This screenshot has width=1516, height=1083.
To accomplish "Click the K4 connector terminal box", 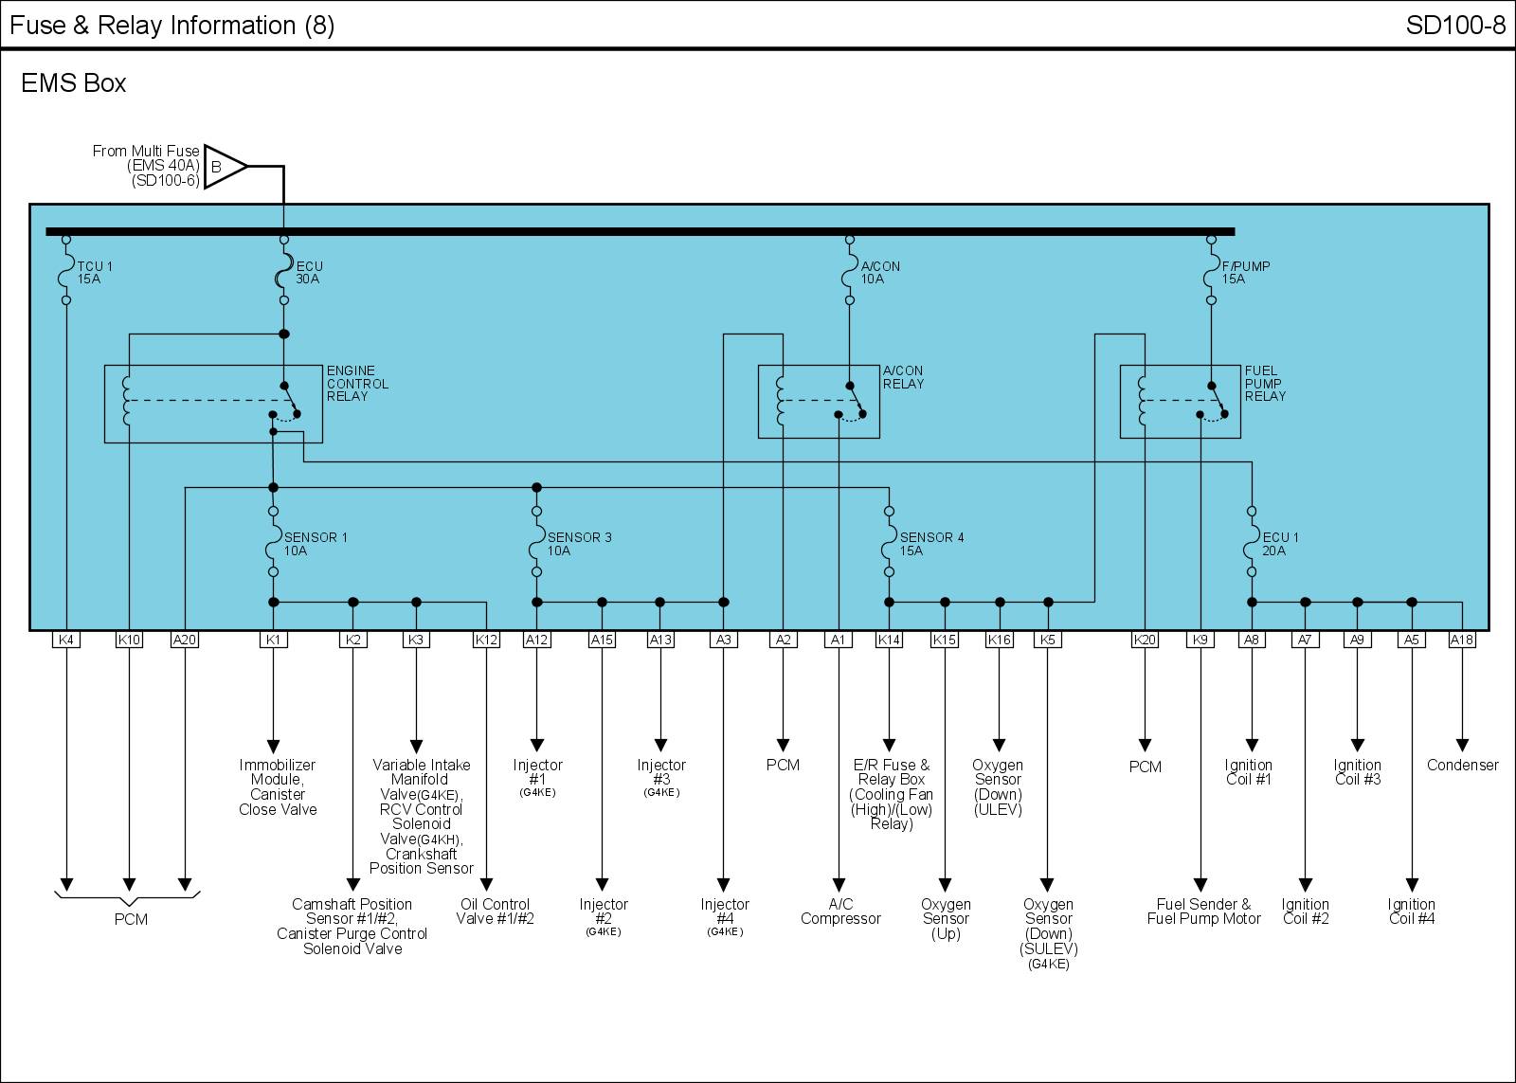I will coord(65,640).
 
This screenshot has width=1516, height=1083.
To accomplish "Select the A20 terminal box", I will coord(185,640).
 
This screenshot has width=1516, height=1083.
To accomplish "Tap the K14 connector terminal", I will coord(889,640).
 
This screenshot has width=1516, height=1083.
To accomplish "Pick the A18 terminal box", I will coord(1462,640).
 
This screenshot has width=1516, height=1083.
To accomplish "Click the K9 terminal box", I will coord(1200,640).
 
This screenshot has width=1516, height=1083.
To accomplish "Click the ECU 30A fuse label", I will coord(309,273).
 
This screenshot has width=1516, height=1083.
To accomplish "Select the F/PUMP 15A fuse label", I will coord(1245,273).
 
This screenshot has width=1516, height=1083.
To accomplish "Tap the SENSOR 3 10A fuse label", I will coord(579,544).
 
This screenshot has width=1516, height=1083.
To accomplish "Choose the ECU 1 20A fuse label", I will coord(1280,544).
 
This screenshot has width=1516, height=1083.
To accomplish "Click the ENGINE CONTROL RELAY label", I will coord(357,384).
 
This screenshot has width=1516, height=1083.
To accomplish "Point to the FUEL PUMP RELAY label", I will coord(1265,384).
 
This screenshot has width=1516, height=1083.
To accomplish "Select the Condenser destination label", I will coord(1462,765).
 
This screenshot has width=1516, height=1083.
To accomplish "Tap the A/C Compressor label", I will coord(840,912).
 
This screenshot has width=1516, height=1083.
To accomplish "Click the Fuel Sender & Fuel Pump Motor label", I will coord(1203,912).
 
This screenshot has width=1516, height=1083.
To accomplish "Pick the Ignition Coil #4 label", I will coord(1411,912).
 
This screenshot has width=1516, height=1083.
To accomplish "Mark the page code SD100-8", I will coord(1455,25).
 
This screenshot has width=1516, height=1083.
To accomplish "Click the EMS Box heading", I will coord(74,83).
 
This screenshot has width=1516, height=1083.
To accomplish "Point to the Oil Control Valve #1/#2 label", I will coord(495,912).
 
